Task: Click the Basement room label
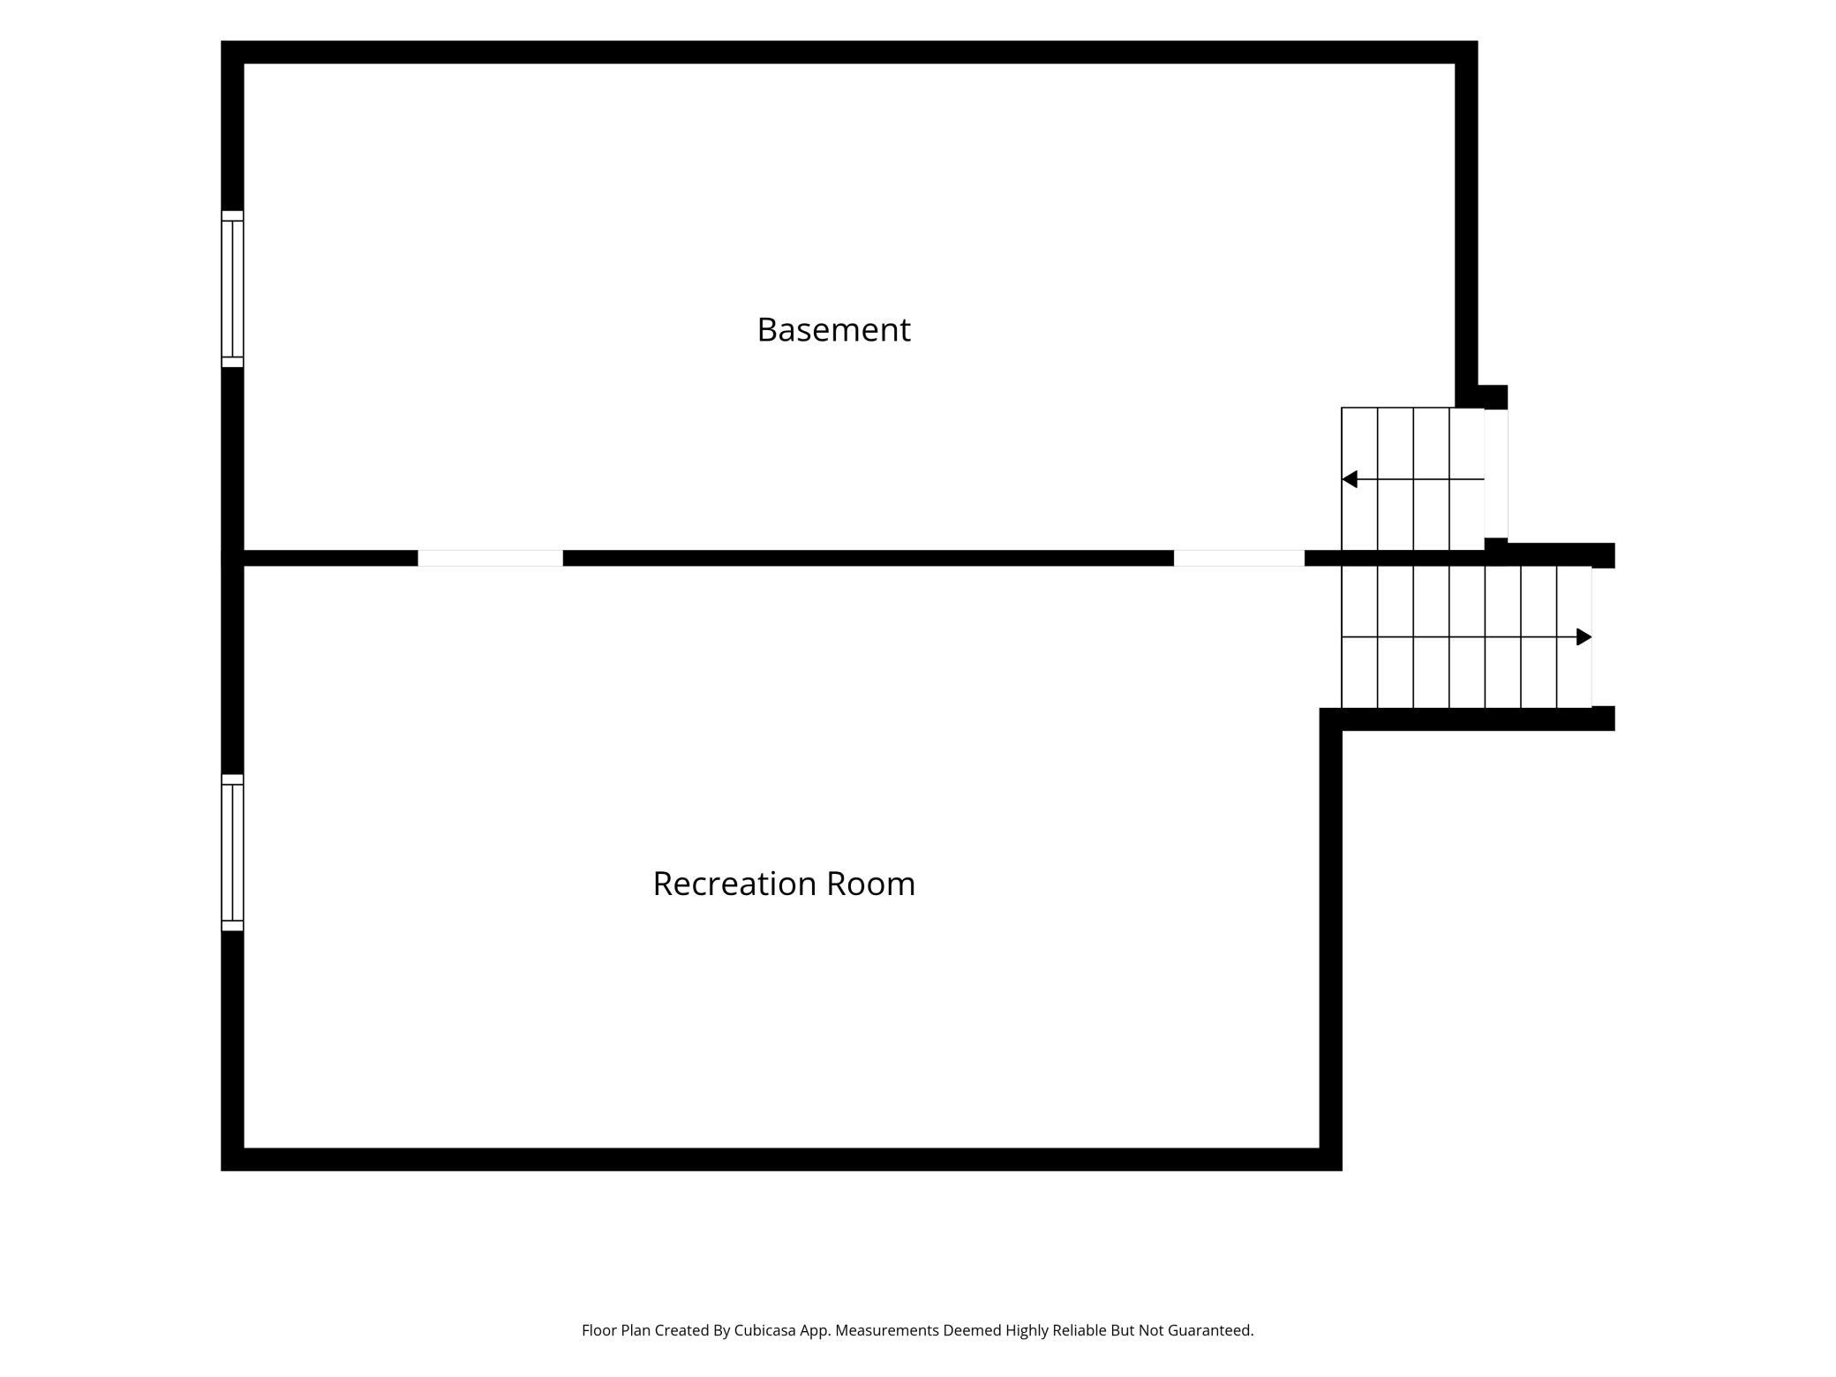(x=833, y=330)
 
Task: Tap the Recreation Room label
(x=784, y=884)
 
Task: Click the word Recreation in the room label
(x=731, y=884)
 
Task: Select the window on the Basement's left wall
(x=232, y=289)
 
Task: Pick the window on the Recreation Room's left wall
(x=232, y=853)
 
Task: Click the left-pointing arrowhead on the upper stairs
(x=1350, y=479)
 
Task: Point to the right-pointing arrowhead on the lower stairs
(x=1584, y=637)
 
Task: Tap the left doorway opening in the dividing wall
(x=490, y=558)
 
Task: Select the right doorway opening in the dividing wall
(x=1238, y=558)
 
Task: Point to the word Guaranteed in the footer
(x=1210, y=1330)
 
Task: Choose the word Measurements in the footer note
(x=887, y=1330)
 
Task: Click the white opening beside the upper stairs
(x=1495, y=474)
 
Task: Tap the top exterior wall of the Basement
(x=849, y=52)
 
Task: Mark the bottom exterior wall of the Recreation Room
(x=781, y=1159)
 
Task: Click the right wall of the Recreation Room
(x=1331, y=939)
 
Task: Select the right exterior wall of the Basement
(x=1466, y=224)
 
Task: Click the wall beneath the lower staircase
(x=1467, y=719)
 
